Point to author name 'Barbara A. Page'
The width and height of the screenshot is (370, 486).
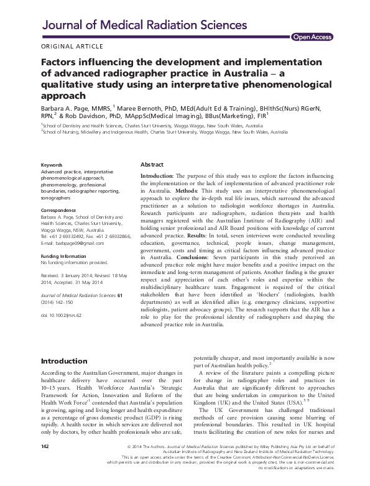click(64, 108)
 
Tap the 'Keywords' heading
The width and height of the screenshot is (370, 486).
click(52, 165)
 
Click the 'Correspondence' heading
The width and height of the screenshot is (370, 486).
click(60, 210)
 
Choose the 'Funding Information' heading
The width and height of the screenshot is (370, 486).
click(65, 256)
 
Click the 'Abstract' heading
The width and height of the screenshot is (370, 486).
click(152, 165)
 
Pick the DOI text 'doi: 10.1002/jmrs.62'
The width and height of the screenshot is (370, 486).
click(62, 315)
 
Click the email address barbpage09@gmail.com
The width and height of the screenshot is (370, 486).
click(73, 244)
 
